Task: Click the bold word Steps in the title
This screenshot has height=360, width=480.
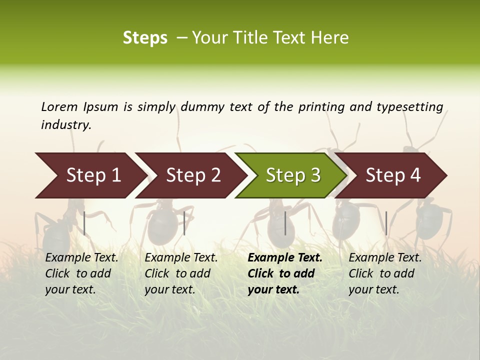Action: tap(145, 38)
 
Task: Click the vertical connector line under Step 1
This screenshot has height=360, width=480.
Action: tap(84, 223)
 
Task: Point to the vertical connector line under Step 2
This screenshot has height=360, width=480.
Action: tap(184, 223)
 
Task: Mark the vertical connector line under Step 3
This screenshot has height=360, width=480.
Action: tap(285, 223)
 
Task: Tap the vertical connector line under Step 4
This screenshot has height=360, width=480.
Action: tap(386, 223)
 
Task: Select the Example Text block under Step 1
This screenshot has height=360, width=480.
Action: tap(81, 273)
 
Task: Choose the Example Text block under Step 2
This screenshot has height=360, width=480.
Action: tap(181, 273)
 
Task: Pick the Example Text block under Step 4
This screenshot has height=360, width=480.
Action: tap(385, 273)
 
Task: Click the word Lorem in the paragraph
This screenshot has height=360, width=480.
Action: tap(59, 107)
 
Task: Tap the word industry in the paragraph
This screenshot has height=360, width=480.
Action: tap(65, 125)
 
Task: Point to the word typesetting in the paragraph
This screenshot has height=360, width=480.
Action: tap(409, 107)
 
